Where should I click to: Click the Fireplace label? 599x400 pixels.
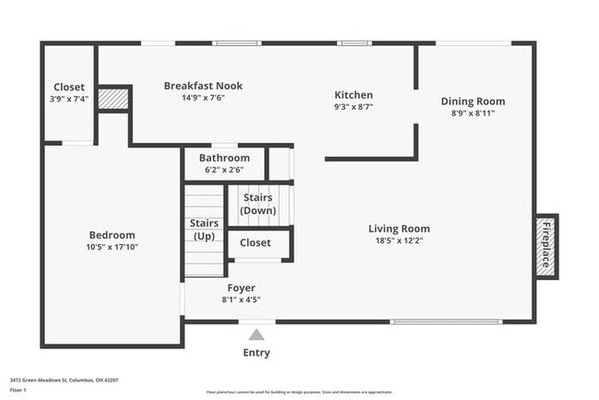[x=546, y=245]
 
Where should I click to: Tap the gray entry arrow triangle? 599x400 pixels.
[x=256, y=335]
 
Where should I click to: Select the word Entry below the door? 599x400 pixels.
[x=256, y=353]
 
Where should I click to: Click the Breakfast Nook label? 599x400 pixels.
[x=203, y=86]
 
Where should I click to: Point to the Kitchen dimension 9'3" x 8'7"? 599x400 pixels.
[x=353, y=107]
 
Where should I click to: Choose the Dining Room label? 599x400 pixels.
[x=473, y=101]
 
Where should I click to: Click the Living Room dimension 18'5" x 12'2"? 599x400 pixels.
[x=399, y=241]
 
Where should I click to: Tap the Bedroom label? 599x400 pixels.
[x=112, y=234]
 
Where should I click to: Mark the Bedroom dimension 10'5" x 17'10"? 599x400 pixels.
[x=112, y=247]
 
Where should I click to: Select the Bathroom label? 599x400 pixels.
[x=224, y=158]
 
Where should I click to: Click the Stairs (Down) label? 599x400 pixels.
[x=258, y=204]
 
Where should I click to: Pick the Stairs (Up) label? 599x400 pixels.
[x=204, y=229]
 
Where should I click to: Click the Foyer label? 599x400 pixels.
[x=241, y=288]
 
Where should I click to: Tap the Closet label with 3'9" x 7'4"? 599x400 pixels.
[x=69, y=88]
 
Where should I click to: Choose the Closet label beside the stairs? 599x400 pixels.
[x=255, y=242]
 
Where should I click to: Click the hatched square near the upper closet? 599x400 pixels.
[x=112, y=98]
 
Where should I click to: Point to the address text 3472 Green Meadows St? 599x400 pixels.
[x=64, y=380]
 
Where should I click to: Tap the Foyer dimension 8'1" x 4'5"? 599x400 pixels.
[x=241, y=300]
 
